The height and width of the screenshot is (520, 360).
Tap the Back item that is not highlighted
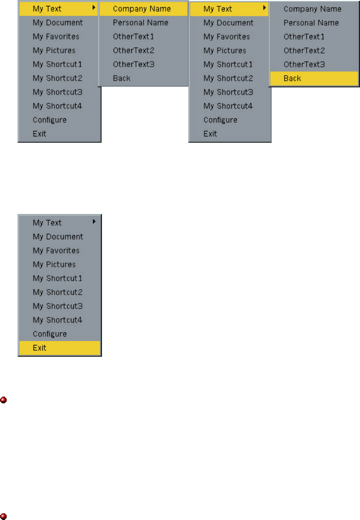tap(122, 78)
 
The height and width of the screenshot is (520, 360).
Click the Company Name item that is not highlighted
tap(313, 9)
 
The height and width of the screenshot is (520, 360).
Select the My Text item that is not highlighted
tap(47, 223)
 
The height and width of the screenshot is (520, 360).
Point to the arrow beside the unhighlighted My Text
tap(94, 221)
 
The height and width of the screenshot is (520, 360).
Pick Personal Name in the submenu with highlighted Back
tap(311, 23)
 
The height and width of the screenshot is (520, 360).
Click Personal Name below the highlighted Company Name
tap(141, 23)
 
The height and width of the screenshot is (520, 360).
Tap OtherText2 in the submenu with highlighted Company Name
tap(134, 50)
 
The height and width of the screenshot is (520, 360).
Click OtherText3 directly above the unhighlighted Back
tap(134, 64)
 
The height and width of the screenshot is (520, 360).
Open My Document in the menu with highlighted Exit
tap(58, 237)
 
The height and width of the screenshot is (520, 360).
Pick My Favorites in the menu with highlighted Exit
tap(56, 251)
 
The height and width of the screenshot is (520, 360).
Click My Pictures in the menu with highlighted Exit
tap(54, 264)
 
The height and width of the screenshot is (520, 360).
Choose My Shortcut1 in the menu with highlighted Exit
tap(57, 278)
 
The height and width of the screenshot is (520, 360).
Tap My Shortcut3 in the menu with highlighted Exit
tap(57, 306)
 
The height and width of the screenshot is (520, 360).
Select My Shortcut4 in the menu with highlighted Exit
tap(57, 320)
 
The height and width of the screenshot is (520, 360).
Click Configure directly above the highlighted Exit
tap(50, 334)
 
